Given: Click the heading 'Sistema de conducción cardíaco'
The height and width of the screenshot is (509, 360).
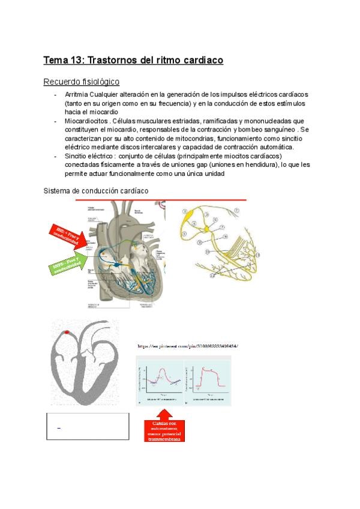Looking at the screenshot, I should tap(97, 191).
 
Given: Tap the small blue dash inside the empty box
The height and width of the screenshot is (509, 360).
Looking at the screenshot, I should tap(58, 427).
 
